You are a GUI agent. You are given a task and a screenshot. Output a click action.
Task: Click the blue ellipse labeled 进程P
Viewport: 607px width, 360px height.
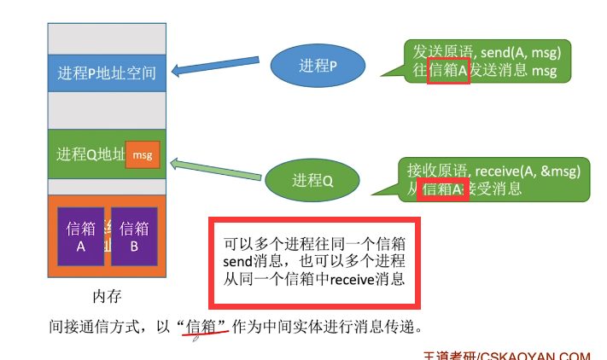point(319,65)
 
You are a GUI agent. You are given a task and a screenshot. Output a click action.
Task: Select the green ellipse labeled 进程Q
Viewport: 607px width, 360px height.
point(312,180)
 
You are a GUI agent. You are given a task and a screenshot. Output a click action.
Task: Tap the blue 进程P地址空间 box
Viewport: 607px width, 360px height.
point(107,73)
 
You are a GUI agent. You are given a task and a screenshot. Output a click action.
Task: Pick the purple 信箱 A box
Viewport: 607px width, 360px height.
point(81,236)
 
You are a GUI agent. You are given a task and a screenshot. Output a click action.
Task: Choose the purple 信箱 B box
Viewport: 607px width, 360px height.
point(134,236)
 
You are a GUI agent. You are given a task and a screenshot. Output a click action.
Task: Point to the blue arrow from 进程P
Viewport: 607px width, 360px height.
point(219,67)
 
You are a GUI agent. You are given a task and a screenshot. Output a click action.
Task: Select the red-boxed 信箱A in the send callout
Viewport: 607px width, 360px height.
point(448,72)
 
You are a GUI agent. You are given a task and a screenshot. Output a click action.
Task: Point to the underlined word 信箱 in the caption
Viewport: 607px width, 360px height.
point(205,326)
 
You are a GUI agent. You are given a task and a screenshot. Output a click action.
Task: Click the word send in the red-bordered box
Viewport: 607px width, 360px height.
point(239,259)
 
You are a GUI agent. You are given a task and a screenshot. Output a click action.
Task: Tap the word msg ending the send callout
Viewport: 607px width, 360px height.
point(544,72)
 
